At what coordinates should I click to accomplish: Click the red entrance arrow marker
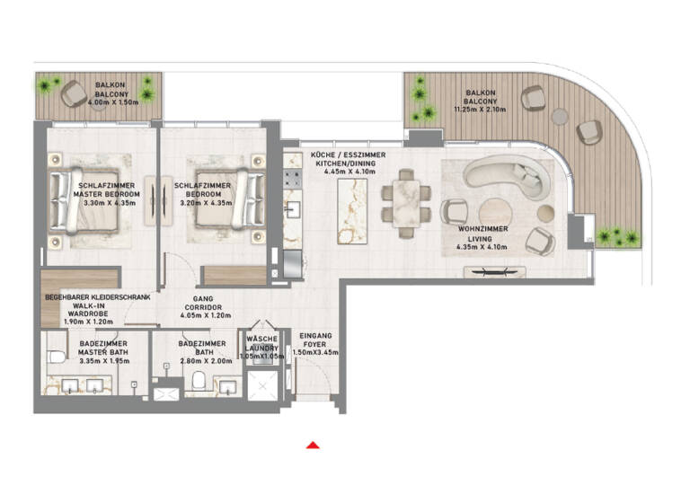coord(312,444)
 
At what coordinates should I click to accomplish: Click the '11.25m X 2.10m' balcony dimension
coord(481,110)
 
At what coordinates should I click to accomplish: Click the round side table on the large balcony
coord(560,115)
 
